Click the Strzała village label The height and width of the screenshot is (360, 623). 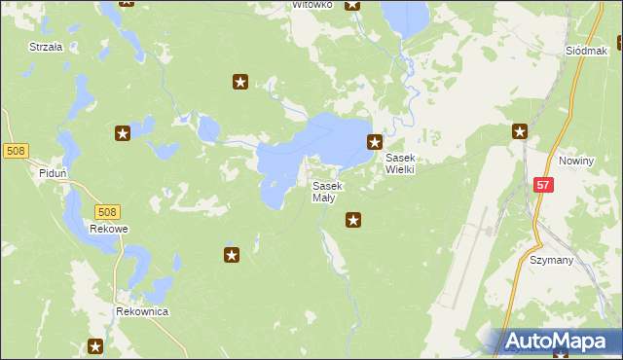pyautogui.click(x=46, y=46)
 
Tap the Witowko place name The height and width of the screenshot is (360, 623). pyautogui.click(x=312, y=5)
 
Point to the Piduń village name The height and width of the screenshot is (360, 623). pyautogui.click(x=53, y=173)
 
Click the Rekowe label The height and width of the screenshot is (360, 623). pyautogui.click(x=108, y=229)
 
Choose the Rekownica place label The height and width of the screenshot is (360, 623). pyautogui.click(x=142, y=311)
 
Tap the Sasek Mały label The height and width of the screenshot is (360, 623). pyautogui.click(x=326, y=192)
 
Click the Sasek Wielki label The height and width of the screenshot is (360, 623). pyautogui.click(x=400, y=163)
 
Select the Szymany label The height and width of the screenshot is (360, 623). pyautogui.click(x=551, y=260)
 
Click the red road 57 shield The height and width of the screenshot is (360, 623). pyautogui.click(x=543, y=184)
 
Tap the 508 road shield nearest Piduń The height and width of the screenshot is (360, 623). pyautogui.click(x=16, y=151)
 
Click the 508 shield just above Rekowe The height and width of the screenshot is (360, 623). pyautogui.click(x=108, y=211)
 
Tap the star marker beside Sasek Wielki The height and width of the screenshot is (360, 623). pyautogui.click(x=374, y=142)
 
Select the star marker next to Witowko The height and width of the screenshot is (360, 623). pyautogui.click(x=352, y=5)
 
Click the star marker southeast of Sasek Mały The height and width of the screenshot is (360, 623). pyautogui.click(x=353, y=221)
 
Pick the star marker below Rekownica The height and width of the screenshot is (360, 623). pyautogui.click(x=95, y=346)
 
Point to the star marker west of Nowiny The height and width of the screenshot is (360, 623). pyautogui.click(x=520, y=131)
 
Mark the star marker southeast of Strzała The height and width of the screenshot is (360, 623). pyautogui.click(x=123, y=133)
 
